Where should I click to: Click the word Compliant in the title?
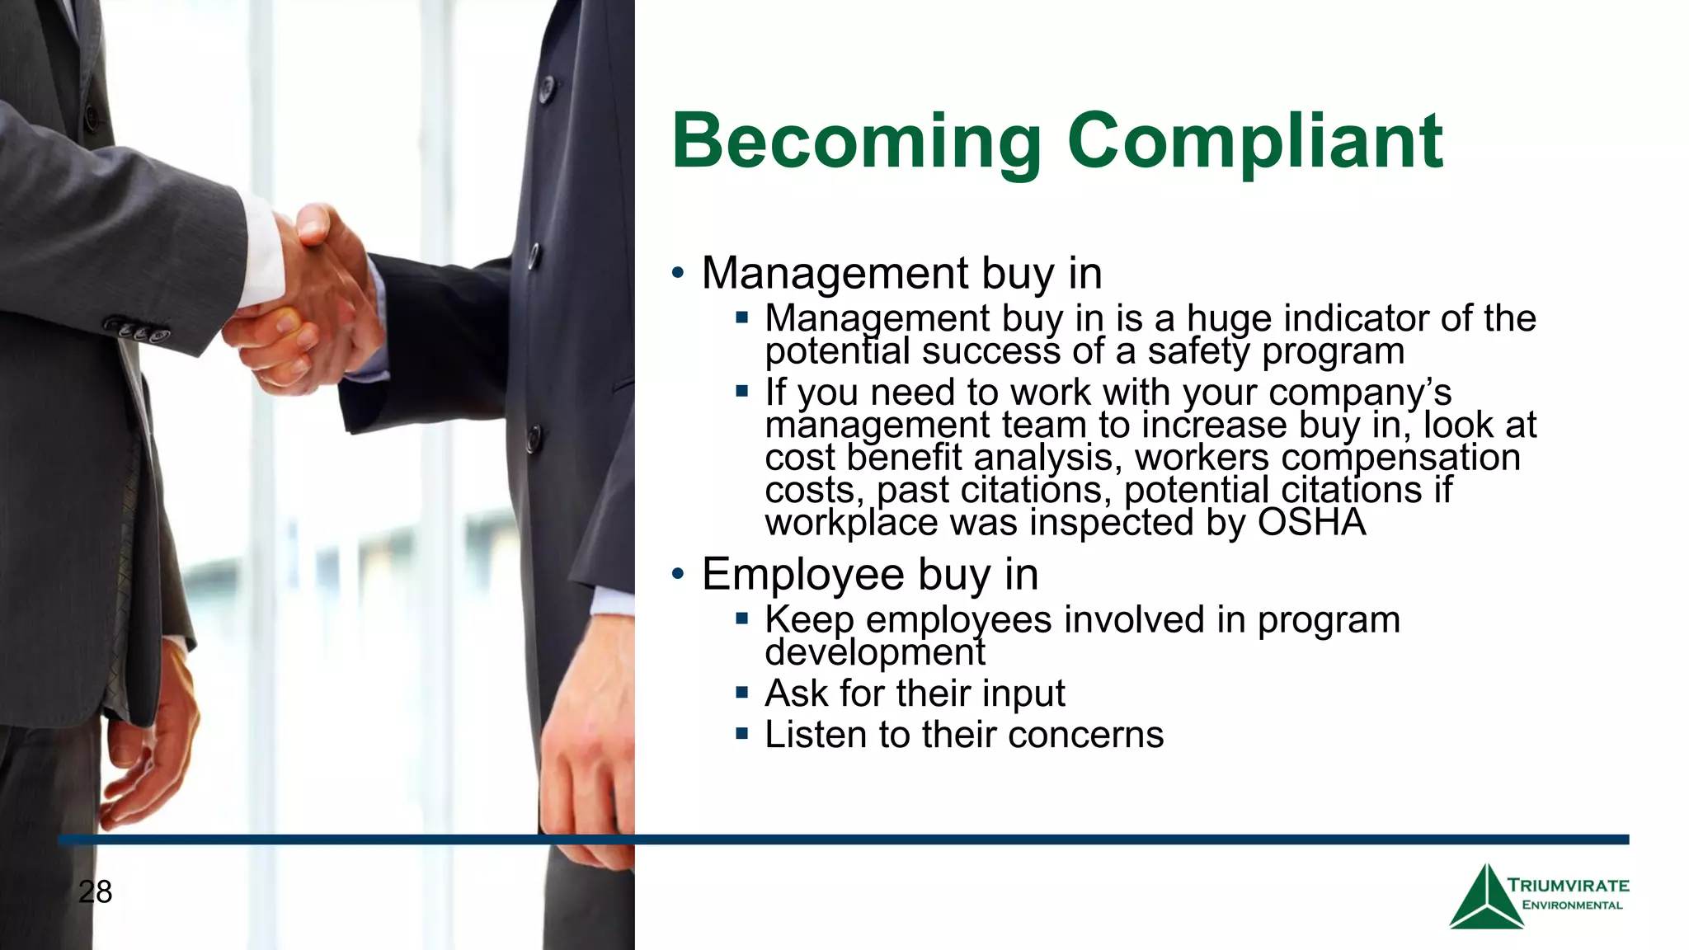coord(1254,142)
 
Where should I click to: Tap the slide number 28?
coord(96,891)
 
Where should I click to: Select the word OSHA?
coord(1311,523)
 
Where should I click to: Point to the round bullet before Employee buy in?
coord(678,574)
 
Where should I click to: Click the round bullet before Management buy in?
coord(678,273)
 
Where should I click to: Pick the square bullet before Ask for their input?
coord(742,692)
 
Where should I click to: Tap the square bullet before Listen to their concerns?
coord(742,732)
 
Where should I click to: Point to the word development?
coord(874,653)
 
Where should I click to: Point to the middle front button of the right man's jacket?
coord(534,257)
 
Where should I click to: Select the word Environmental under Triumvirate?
coord(1572,905)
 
